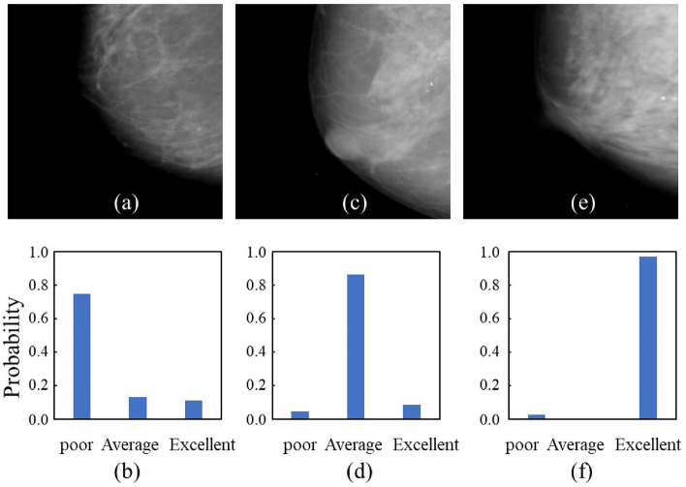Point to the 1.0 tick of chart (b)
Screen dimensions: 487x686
click(37, 253)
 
